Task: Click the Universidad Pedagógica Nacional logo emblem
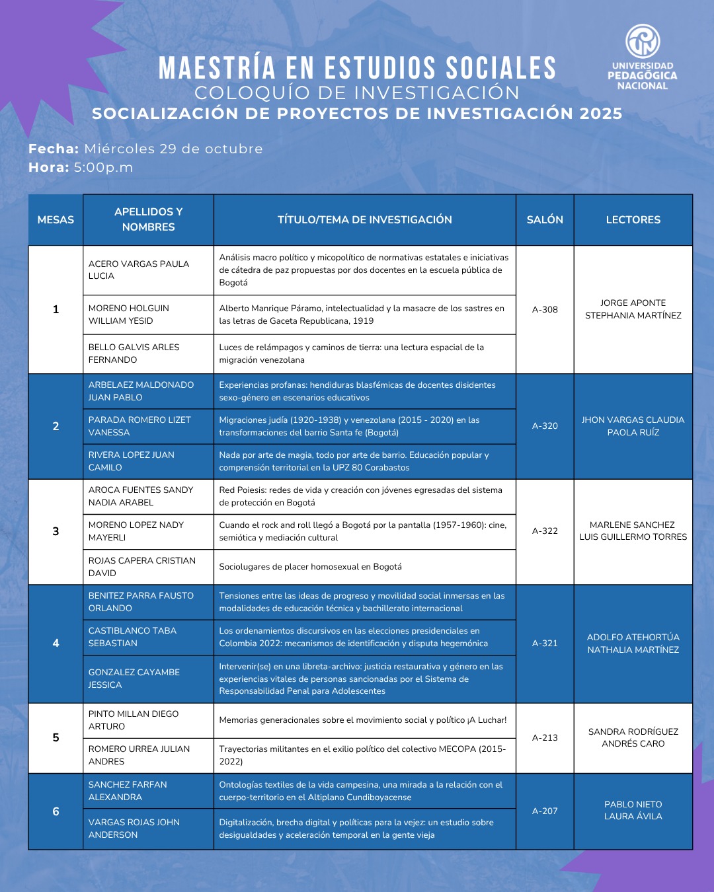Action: [x=643, y=41]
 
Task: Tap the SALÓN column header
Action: [x=545, y=219]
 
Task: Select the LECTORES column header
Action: [x=633, y=219]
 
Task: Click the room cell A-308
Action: [x=545, y=309]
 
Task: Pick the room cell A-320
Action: [x=545, y=426]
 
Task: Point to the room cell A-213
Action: [x=545, y=737]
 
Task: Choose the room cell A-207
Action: [x=545, y=811]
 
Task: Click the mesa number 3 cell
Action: [x=56, y=531]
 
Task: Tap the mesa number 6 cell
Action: [x=56, y=811]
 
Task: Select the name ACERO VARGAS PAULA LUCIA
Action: [x=139, y=270]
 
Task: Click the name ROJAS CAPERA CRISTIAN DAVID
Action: [x=142, y=567]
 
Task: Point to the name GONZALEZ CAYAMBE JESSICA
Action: [x=134, y=679]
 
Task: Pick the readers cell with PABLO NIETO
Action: [x=633, y=810]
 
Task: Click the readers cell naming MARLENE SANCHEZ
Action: [x=633, y=531]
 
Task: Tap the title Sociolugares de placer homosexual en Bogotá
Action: [x=311, y=567]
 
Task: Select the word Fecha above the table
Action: [x=54, y=149]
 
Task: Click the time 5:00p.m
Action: [x=103, y=168]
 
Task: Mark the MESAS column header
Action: [x=56, y=219]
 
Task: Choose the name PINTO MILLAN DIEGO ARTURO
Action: [x=134, y=720]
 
